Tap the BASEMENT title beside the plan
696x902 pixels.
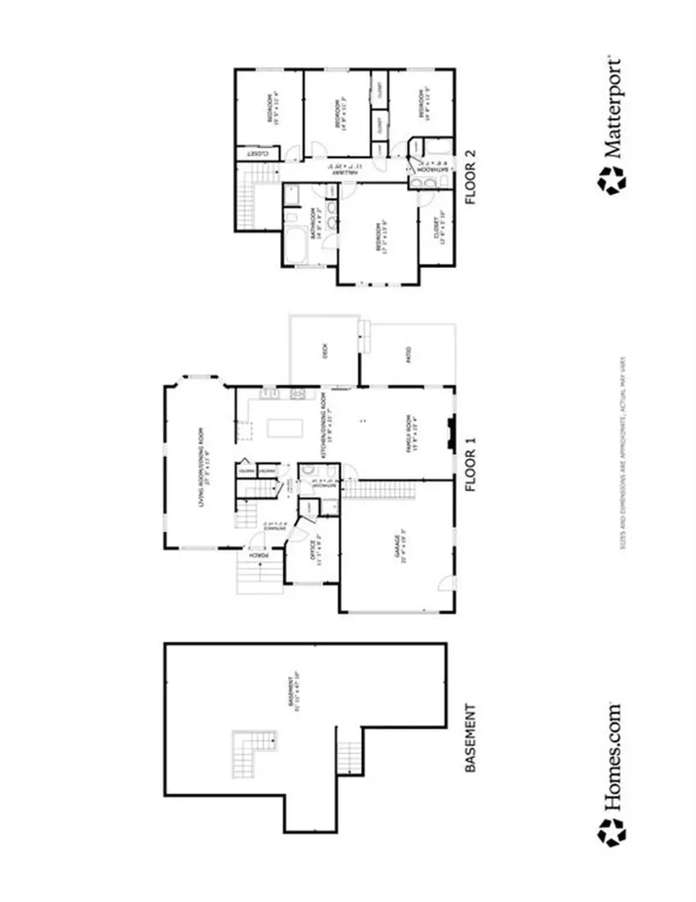click(x=470, y=738)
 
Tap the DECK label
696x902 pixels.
click(x=325, y=353)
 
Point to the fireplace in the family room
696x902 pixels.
click(x=450, y=433)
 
